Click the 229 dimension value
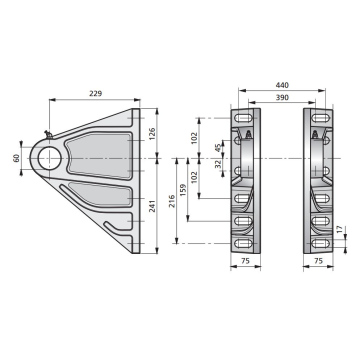point(95,94)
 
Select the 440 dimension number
point(282,85)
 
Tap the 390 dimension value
point(282,97)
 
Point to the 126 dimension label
point(152,133)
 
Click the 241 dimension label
point(152,207)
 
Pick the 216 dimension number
point(172,201)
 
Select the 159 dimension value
point(183,190)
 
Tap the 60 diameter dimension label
point(16,158)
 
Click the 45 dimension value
point(218,148)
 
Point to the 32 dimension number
point(218,164)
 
